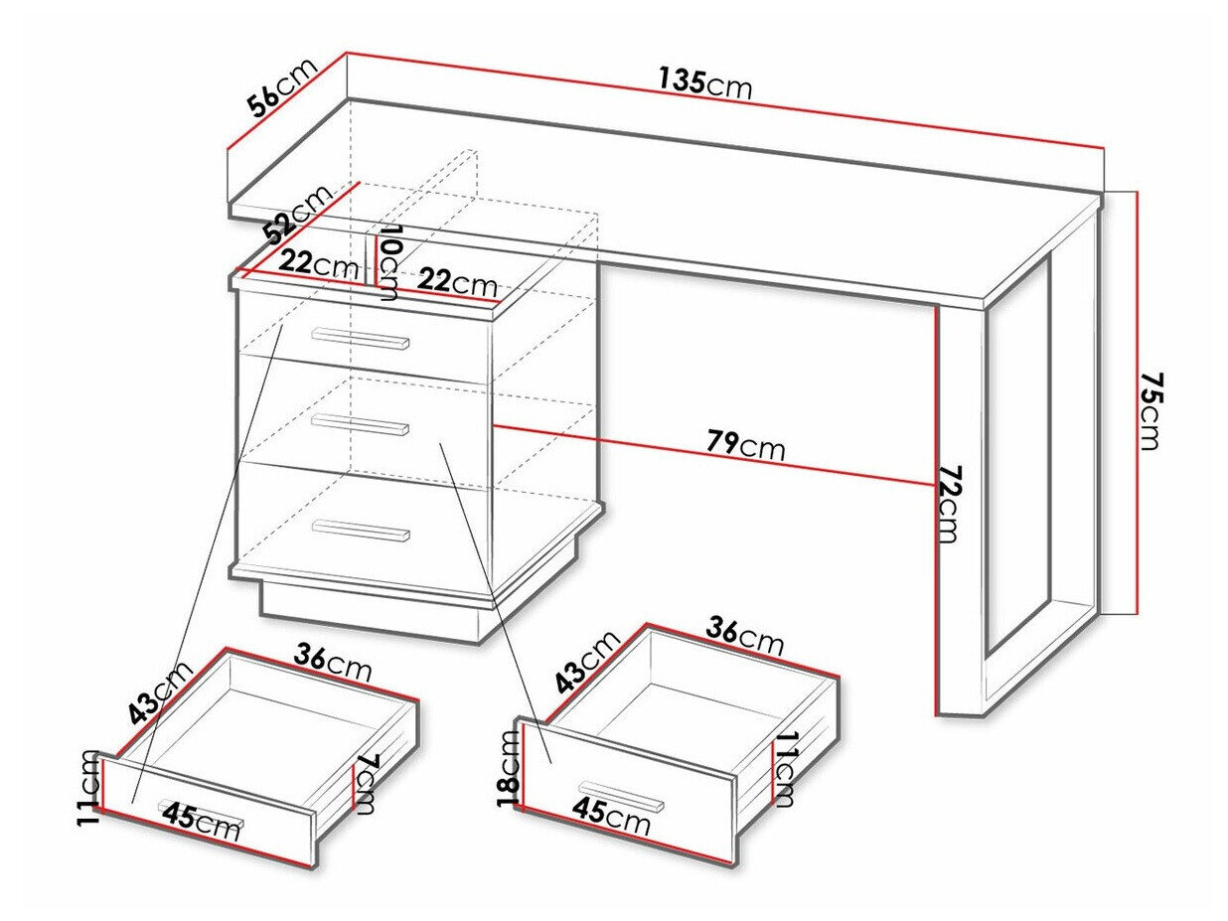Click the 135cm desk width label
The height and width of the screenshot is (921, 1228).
click(704, 83)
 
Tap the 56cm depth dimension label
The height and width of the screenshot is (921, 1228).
click(283, 87)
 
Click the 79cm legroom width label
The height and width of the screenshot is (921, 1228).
click(746, 446)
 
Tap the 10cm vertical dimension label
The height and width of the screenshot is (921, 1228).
click(388, 262)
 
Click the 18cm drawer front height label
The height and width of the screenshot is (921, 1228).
click(508, 766)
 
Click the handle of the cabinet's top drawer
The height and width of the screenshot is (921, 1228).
click(360, 340)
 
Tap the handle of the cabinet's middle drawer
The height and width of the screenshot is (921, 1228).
click(360, 425)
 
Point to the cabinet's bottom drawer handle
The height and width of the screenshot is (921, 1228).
click(360, 531)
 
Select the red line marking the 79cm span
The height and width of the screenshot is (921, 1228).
click(715, 458)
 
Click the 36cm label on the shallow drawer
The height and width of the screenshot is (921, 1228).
click(333, 662)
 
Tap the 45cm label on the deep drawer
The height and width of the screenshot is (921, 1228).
click(611, 818)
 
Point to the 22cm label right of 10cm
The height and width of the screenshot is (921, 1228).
click(457, 283)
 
